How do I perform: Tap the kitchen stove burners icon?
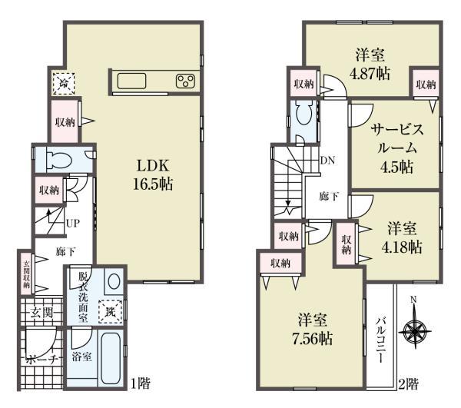[x=185, y=81]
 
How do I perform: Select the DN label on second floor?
[x=327, y=161]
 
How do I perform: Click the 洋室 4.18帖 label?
[x=403, y=237]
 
